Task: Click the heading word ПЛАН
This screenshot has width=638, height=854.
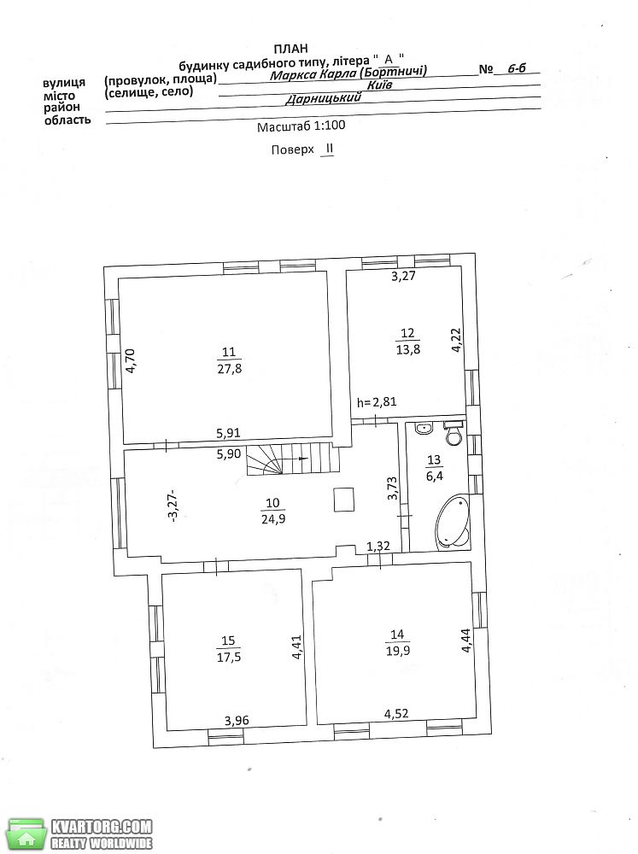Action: coord(291,49)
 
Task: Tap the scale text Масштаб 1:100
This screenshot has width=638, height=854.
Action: coord(301,126)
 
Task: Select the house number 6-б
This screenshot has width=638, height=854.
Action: coord(517,68)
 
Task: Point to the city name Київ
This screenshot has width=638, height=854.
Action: coord(380,85)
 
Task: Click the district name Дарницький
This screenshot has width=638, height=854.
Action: coord(324,98)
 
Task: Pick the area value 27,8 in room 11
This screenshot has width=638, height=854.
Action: coord(229,369)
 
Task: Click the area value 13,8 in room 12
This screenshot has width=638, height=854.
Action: coord(408,349)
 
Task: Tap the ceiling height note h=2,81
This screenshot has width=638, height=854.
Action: coord(377,402)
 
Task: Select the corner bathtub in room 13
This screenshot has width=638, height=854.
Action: coord(452,520)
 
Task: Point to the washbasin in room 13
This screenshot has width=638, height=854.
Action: coord(424,429)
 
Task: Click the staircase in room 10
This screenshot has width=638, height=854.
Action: coord(293,459)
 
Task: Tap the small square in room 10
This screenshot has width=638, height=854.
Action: coord(344,500)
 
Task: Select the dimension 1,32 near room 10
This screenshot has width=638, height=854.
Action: coord(378,546)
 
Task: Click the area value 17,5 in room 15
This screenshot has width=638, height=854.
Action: coord(229,658)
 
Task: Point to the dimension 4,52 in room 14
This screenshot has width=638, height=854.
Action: coord(396,713)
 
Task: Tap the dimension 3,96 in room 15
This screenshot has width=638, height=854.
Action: coord(237,721)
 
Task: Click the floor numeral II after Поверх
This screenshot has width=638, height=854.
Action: coord(328,149)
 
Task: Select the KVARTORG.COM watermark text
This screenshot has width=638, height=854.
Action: coord(102,826)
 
